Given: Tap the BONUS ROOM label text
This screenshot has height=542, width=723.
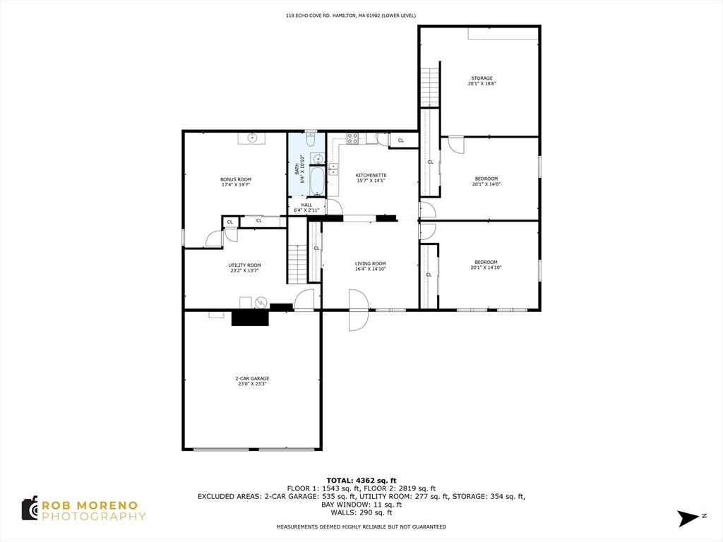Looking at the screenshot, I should [x=236, y=182].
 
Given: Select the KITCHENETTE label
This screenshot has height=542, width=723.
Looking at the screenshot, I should [x=371, y=178].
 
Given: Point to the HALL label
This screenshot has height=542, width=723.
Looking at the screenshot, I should [x=306, y=207].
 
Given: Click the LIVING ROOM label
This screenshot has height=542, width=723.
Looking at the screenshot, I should [x=370, y=266].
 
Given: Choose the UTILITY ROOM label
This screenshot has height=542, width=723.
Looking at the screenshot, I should [x=244, y=267].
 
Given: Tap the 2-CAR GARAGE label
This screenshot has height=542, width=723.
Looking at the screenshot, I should [x=252, y=381].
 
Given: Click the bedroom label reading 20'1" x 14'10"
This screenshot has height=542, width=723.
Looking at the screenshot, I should [x=485, y=265].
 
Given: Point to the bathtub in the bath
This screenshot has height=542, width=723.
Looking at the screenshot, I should [x=317, y=181].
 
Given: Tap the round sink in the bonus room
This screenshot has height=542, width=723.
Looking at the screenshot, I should [x=252, y=138].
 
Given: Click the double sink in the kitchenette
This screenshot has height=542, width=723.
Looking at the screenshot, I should [x=333, y=169].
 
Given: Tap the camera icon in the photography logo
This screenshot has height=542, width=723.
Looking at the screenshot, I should [x=30, y=508].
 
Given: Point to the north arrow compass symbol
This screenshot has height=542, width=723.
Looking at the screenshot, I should [x=687, y=518].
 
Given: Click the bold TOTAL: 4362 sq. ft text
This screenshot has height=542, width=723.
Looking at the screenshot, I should [x=361, y=480].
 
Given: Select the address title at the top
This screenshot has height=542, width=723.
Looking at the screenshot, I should [x=361, y=15].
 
